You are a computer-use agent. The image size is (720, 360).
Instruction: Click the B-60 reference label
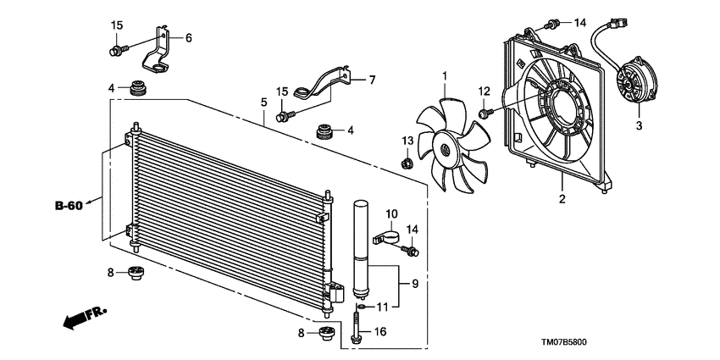point(69,205)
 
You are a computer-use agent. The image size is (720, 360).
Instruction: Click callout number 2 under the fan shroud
point(560,200)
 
